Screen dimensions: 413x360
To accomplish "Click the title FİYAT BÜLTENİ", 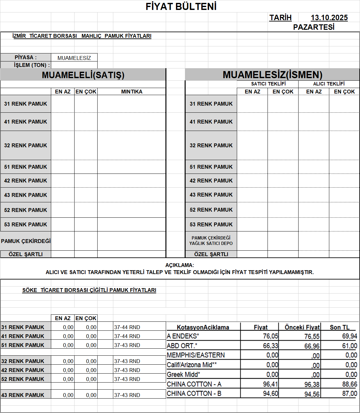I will (181, 6).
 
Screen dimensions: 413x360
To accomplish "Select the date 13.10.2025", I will (329, 18).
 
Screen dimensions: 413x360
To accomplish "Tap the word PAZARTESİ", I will (314, 27).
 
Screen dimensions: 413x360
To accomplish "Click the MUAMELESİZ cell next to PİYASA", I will (74, 58).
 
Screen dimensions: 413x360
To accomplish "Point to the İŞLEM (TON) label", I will (32, 65).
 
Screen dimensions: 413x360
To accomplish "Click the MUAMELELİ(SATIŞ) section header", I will (83, 75).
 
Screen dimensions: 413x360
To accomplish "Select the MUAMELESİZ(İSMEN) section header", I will (272, 75).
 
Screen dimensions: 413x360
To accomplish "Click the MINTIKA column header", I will (132, 92).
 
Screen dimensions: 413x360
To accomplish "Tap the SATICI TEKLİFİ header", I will (268, 84).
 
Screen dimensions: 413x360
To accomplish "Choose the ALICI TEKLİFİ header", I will (329, 84).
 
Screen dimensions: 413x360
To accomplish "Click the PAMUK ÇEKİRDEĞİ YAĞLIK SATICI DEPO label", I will (211, 240).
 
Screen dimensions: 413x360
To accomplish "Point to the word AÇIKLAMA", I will (180, 265).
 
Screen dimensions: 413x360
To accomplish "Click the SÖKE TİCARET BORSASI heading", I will (89, 290).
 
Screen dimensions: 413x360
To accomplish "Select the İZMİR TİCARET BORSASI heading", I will (82, 36).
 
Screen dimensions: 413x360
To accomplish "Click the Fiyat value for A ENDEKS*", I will (270, 336).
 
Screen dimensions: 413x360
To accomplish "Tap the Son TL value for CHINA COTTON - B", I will (349, 393).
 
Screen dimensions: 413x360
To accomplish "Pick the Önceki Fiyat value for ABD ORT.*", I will (312, 346).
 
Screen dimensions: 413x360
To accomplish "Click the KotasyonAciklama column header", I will (203, 327).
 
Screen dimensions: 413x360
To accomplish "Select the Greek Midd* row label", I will (183, 375).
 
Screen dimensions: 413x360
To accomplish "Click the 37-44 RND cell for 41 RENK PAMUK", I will (127, 336).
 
